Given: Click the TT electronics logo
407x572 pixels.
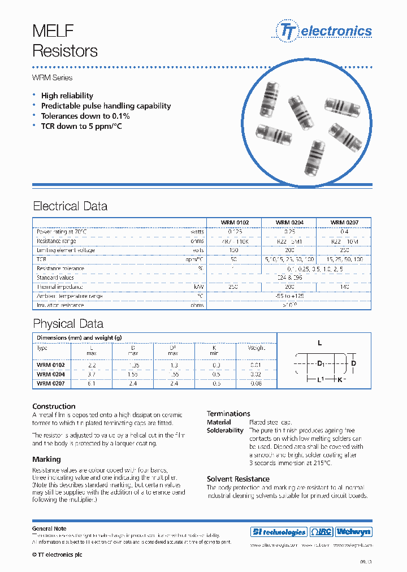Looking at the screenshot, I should [324, 31].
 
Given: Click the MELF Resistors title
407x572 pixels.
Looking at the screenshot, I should [64, 41].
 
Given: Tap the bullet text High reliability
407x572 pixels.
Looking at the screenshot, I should [67, 96].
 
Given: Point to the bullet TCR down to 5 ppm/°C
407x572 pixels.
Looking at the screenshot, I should [81, 126].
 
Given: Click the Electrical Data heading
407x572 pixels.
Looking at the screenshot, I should [70, 206].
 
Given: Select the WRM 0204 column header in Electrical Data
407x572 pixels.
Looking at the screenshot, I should [289, 223].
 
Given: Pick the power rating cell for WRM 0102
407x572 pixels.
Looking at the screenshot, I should [234, 232].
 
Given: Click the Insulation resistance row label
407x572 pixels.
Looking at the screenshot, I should [60, 305].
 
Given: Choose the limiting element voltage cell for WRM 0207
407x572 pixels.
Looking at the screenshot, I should [344, 250].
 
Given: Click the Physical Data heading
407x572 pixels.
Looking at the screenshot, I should [68, 324].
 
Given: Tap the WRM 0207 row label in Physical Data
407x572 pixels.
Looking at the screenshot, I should [50, 383].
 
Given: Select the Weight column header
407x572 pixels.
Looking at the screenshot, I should [256, 348].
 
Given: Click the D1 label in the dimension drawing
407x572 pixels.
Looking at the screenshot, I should [321, 362].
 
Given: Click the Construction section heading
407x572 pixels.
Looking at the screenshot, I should [54, 406].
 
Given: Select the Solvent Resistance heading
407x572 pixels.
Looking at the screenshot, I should [238, 479].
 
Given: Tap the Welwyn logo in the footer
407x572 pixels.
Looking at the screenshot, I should [354, 532].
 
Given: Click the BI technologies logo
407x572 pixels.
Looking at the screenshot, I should [278, 532].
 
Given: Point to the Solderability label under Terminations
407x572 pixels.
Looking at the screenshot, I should [225, 430].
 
